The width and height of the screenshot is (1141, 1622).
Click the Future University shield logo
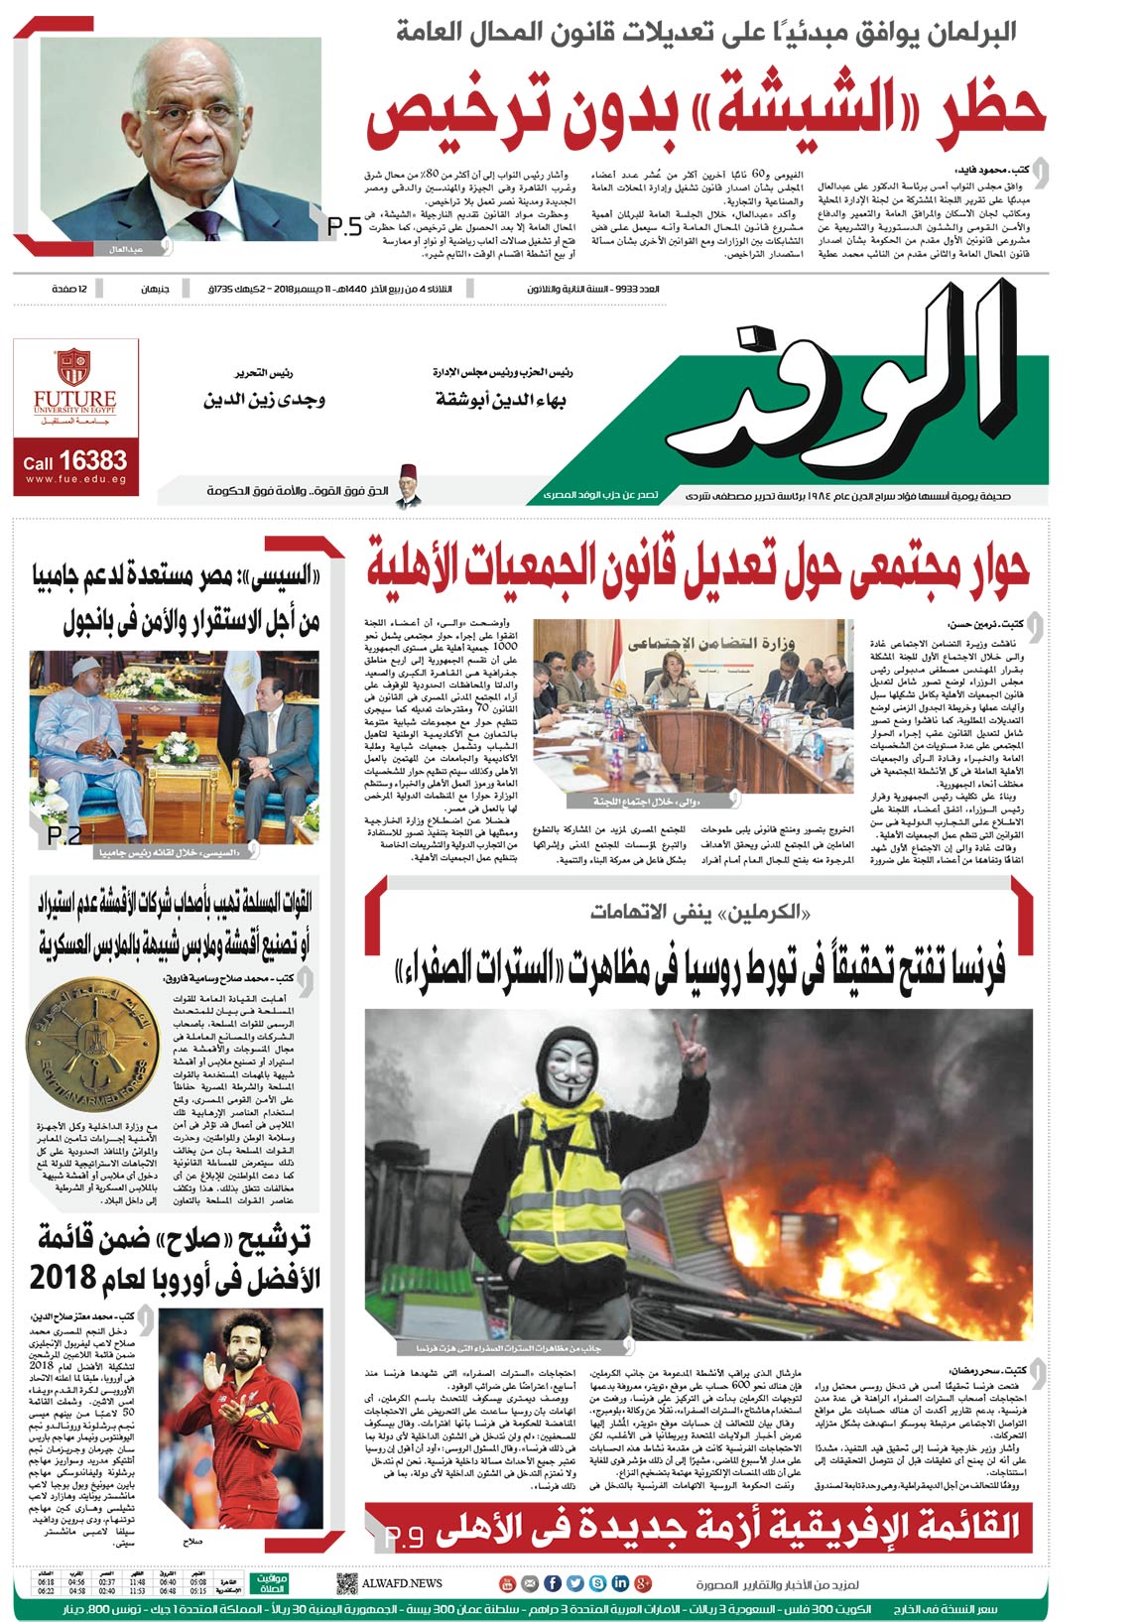74,367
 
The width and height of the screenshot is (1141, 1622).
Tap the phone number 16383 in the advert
93,461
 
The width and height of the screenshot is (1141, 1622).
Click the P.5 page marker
344,228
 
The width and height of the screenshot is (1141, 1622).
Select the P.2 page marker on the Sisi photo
64,836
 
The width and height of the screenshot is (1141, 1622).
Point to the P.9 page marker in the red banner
404,1537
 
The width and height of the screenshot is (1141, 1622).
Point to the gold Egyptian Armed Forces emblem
92,1048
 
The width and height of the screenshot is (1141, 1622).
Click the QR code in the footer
346,1583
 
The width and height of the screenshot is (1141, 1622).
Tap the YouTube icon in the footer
508,1583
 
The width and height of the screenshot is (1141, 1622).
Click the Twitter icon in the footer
574,1583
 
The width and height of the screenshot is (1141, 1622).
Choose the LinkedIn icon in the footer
620,1583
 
